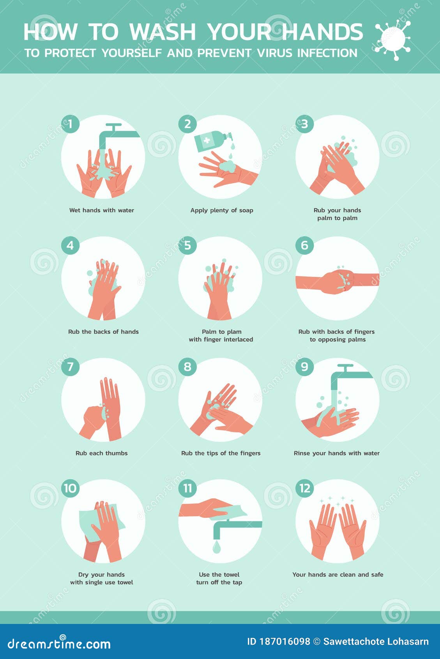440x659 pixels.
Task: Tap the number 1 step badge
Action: [70, 124]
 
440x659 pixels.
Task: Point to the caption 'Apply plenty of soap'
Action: [222, 210]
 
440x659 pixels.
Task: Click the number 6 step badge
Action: [304, 245]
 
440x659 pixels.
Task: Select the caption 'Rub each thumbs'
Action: [102, 453]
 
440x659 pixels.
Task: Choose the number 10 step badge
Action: [70, 488]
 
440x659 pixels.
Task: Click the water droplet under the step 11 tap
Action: [217, 547]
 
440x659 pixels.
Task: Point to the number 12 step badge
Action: [304, 488]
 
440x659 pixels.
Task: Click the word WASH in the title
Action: [162, 32]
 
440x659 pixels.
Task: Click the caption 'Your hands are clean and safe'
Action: [338, 574]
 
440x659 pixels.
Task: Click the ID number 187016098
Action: [285, 641]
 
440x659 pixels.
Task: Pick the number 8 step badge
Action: [187, 367]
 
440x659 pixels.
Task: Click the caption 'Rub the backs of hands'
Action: [103, 332]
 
